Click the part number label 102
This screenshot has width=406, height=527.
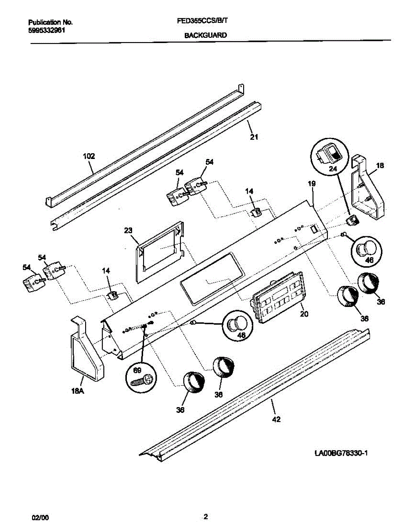tap(89, 156)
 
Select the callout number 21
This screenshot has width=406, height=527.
tap(254, 137)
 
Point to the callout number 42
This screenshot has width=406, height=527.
tap(276, 419)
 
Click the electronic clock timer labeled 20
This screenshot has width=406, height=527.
tap(279, 297)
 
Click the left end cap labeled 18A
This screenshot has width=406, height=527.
tap(86, 347)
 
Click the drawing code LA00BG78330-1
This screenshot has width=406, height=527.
tap(340, 453)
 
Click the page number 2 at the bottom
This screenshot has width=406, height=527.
tap(205, 516)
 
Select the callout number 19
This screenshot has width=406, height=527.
tap(312, 184)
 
